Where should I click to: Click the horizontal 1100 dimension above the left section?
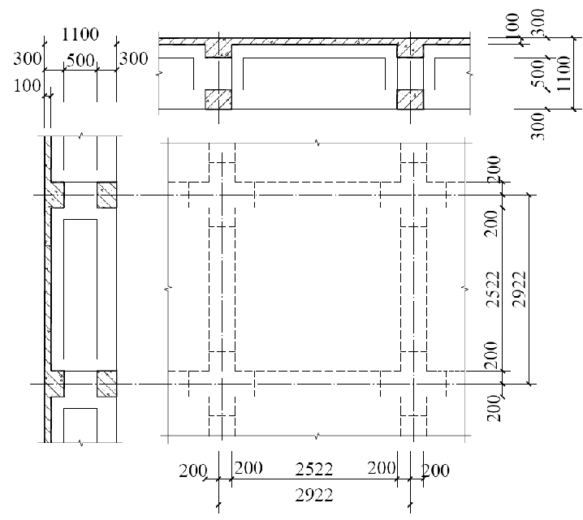coord(80,34)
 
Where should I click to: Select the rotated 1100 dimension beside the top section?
coord(564,73)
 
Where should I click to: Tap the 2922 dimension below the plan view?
coord(313,495)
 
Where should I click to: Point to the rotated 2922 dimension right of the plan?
coord(519,289)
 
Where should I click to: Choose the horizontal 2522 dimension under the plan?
coord(313,470)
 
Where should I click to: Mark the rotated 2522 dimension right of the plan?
coord(494,289)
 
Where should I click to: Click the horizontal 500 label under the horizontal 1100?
coord(80,60)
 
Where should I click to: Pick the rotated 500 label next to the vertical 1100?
coord(538,74)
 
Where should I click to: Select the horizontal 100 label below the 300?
coord(28,86)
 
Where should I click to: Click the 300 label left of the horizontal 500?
coord(28,58)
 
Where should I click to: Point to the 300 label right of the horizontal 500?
coord(133,58)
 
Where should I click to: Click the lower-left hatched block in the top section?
coord(218,99)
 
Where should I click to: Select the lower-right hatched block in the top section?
coord(410,99)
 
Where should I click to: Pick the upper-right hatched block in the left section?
coord(106,195)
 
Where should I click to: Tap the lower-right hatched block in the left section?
coord(106,384)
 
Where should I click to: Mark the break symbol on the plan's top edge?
coord(317,143)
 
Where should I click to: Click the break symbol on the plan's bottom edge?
coord(316,436)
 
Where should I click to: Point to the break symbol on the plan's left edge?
coord(168,288)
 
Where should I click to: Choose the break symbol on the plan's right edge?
coord(464,288)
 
